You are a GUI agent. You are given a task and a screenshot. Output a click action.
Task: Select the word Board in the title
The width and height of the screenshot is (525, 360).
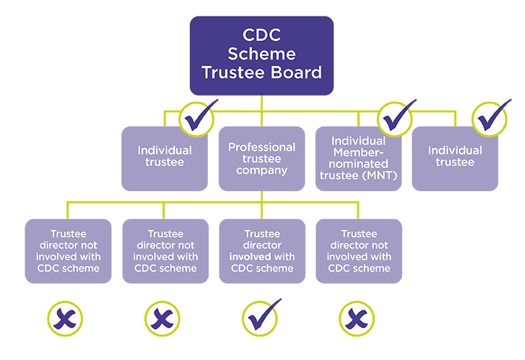coord(294,73)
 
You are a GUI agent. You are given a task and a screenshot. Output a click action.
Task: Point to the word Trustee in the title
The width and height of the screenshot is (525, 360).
coord(232,73)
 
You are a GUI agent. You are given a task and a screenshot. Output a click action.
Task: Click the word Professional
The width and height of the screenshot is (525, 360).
coord(262,147)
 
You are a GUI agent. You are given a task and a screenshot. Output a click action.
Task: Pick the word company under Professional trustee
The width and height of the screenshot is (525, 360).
coord(262,170)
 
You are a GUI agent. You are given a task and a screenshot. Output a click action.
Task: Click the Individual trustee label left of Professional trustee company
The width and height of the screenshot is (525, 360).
coord(165,156)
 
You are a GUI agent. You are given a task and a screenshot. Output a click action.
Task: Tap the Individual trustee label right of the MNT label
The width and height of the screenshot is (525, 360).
coord(455,156)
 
